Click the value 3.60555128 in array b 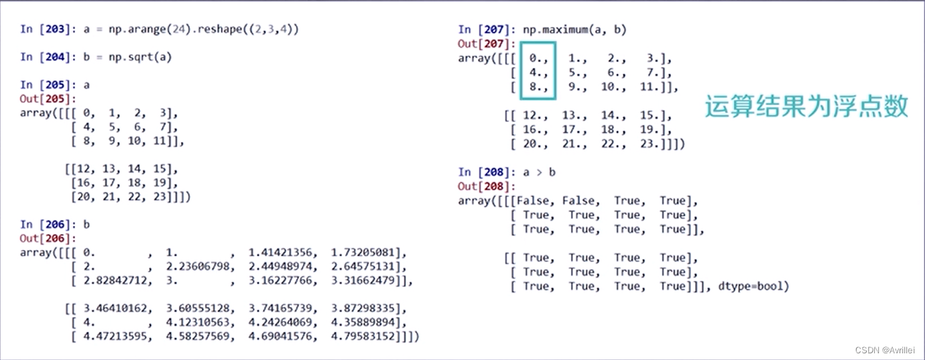197,309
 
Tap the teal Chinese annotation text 806,106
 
